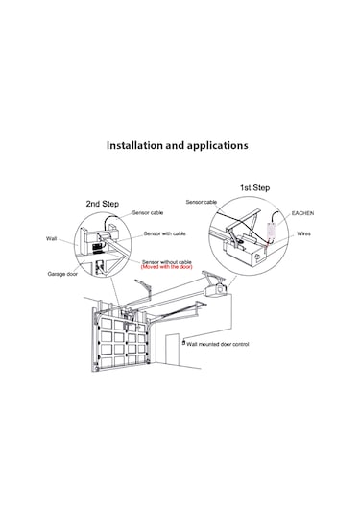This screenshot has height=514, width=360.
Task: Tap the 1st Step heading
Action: coord(254,188)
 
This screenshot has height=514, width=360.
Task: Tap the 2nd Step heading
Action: coord(102,204)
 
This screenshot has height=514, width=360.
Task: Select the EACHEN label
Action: coord(302,213)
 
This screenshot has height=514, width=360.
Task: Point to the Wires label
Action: coord(303,233)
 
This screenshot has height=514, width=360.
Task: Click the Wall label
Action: coord(51,238)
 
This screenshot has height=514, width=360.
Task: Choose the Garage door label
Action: coord(62,274)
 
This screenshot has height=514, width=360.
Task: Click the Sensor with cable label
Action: coord(164,233)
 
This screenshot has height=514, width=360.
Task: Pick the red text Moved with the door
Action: coord(167,267)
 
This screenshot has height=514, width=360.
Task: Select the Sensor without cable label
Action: coord(167,262)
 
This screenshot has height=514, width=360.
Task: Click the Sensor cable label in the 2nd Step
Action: coord(148,212)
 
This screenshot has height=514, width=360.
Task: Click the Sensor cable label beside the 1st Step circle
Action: coord(202,202)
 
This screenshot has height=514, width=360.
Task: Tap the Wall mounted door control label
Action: coord(218,344)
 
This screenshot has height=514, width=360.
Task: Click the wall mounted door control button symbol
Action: coord(183,343)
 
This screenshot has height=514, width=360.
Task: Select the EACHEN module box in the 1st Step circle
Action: coord(272,231)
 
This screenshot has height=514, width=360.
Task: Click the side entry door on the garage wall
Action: coord(172,350)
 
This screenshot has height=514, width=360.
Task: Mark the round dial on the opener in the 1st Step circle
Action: coord(257,257)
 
